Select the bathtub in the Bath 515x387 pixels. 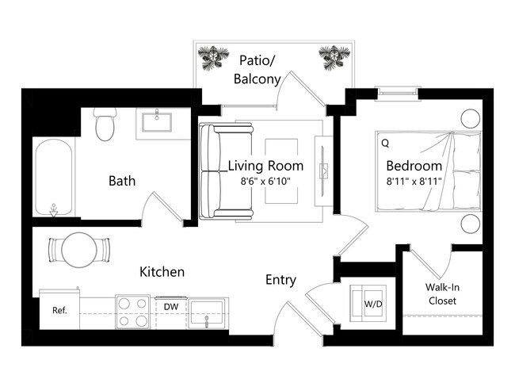coord(54,179)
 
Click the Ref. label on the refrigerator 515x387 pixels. coord(59,310)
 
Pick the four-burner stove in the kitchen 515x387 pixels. coord(133,312)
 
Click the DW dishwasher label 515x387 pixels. coord(170,305)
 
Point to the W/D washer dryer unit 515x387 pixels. coord(372,302)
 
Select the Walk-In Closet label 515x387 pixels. coord(442,294)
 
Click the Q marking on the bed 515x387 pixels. coord(385,144)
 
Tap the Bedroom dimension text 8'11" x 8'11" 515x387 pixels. coord(413,182)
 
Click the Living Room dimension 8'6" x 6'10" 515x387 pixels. coord(265,182)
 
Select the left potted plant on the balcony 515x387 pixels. coord(213,56)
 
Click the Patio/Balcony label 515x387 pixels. coord(257,69)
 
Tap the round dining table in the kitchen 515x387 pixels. coord(78,250)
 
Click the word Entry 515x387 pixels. coord(280,280)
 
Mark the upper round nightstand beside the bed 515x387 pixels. coord(471,119)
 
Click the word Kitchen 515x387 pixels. coord(162,272)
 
